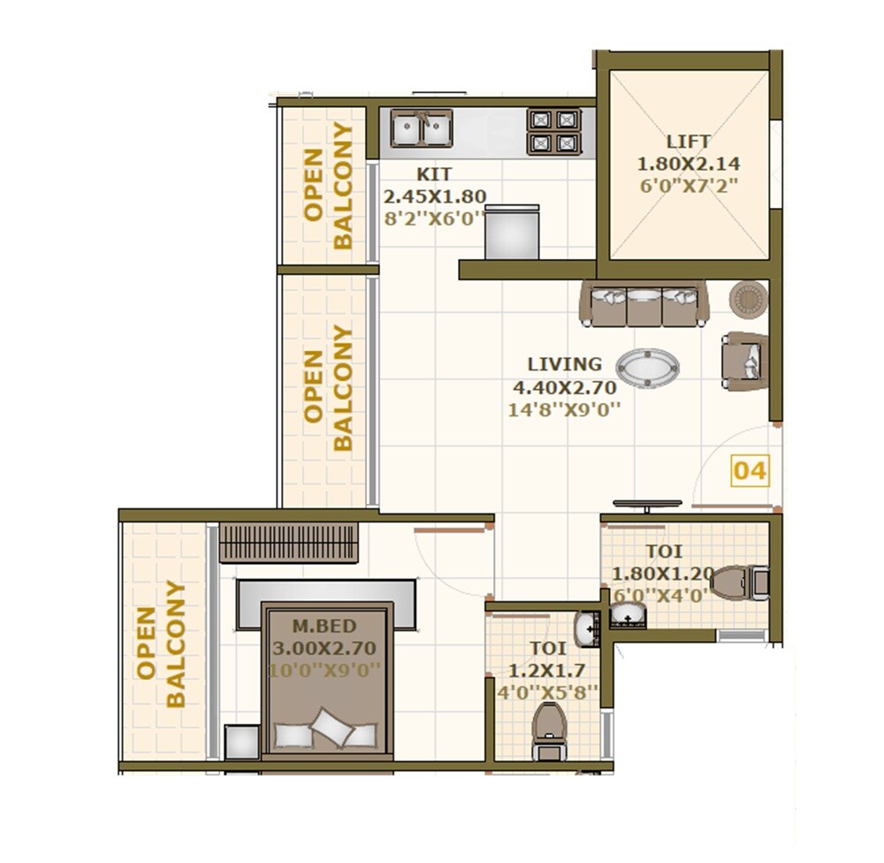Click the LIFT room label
pyautogui.click(x=688, y=141)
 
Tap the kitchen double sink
pyautogui.click(x=422, y=129)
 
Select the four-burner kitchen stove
pyautogui.click(x=554, y=131)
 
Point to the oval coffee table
pyautogui.click(x=647, y=368)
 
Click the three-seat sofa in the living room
pyautogui.click(x=644, y=304)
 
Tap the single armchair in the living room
pyautogui.click(x=745, y=361)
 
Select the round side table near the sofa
pyautogui.click(x=748, y=299)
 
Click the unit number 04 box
pyautogui.click(x=750, y=470)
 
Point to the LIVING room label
pyautogui.click(x=564, y=363)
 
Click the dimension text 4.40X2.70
pyautogui.click(x=564, y=386)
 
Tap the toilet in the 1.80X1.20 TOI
pyautogui.click(x=740, y=583)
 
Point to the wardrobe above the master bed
pyautogui.click(x=288, y=542)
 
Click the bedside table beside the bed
pyautogui.click(x=241, y=742)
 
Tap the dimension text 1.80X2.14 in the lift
pyautogui.click(x=688, y=164)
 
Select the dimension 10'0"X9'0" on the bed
pyautogui.click(x=326, y=669)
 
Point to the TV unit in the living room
pyautogui.click(x=647, y=505)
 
